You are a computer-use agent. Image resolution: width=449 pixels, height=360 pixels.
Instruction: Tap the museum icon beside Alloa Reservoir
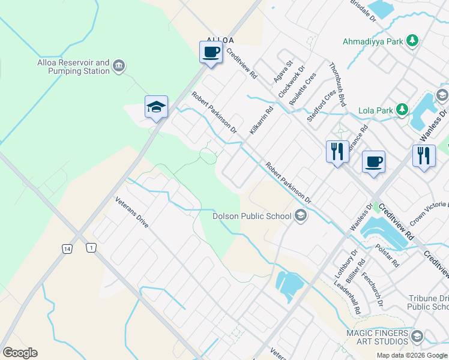pos(119,65)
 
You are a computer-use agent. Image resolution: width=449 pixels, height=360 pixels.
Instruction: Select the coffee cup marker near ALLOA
pos(211,52)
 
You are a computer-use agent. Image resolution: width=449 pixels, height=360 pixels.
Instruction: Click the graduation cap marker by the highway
pos(156,107)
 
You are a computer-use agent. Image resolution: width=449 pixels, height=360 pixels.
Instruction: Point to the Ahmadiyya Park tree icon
pos(412,41)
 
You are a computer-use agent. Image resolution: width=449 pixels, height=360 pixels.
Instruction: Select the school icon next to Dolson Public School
pos(301,216)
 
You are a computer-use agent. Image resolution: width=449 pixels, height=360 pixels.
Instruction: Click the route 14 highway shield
pos(65,248)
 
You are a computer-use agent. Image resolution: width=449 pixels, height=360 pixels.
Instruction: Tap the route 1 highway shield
pos(91,248)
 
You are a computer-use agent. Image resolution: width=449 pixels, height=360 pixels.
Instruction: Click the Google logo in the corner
pos(20,353)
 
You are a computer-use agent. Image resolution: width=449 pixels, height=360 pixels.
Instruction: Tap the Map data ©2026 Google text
pos(411,355)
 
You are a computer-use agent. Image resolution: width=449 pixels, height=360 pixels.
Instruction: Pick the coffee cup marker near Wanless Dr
pos(373,161)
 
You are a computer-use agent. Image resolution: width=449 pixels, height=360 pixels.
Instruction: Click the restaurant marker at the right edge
pos(424,156)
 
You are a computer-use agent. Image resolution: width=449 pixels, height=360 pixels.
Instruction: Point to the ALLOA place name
pos(220,40)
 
